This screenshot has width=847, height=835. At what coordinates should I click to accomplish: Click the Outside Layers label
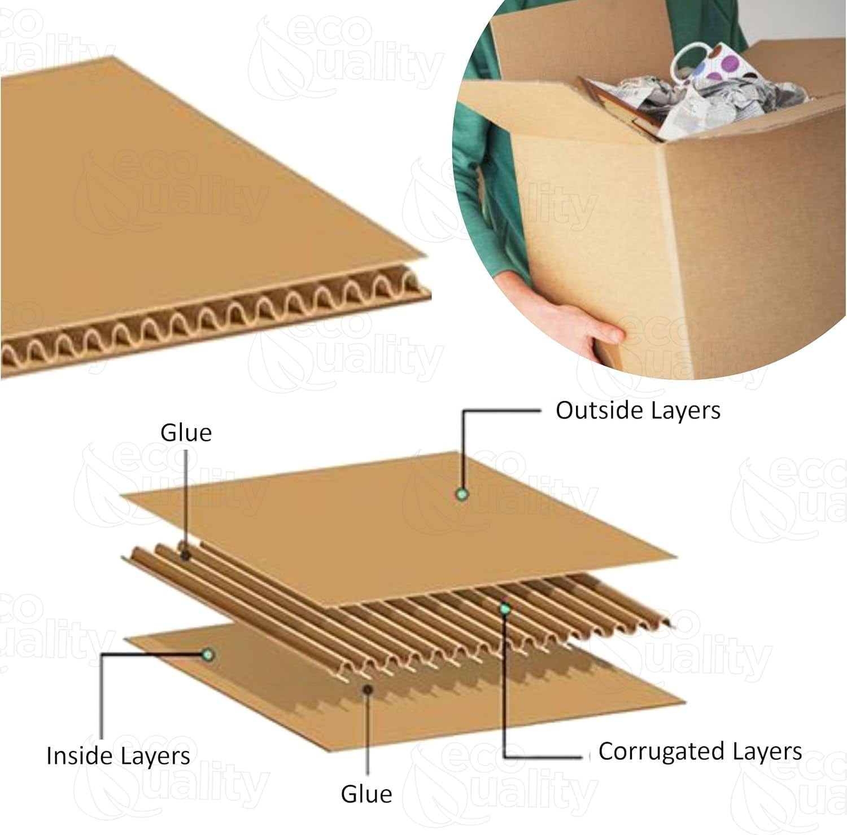638,411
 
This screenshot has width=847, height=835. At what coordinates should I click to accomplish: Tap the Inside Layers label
118,755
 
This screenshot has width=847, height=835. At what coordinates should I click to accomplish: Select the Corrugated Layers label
700,751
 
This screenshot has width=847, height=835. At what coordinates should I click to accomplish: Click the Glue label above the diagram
186,433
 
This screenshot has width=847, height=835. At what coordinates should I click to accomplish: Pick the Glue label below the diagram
366,794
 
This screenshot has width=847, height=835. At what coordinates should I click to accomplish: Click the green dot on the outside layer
463,495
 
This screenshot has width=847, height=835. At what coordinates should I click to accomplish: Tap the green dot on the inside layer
208,655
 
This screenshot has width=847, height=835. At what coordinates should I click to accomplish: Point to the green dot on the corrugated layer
505,609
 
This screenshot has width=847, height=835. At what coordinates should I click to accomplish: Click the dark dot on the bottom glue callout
368,689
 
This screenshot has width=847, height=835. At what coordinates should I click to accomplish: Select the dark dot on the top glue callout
185,556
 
